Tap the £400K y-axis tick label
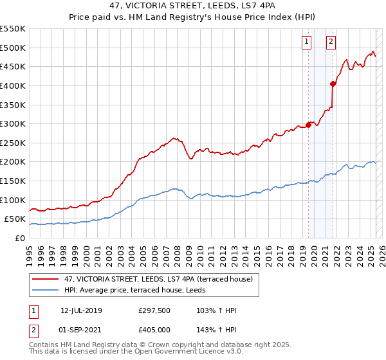point(13,85)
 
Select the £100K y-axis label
point(13,200)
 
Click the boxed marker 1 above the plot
point(306,42)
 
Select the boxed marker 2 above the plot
point(331,42)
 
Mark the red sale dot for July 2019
point(308,125)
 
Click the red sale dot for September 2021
point(333,83)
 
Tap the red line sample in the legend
point(46,279)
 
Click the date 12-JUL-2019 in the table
point(81,310)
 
